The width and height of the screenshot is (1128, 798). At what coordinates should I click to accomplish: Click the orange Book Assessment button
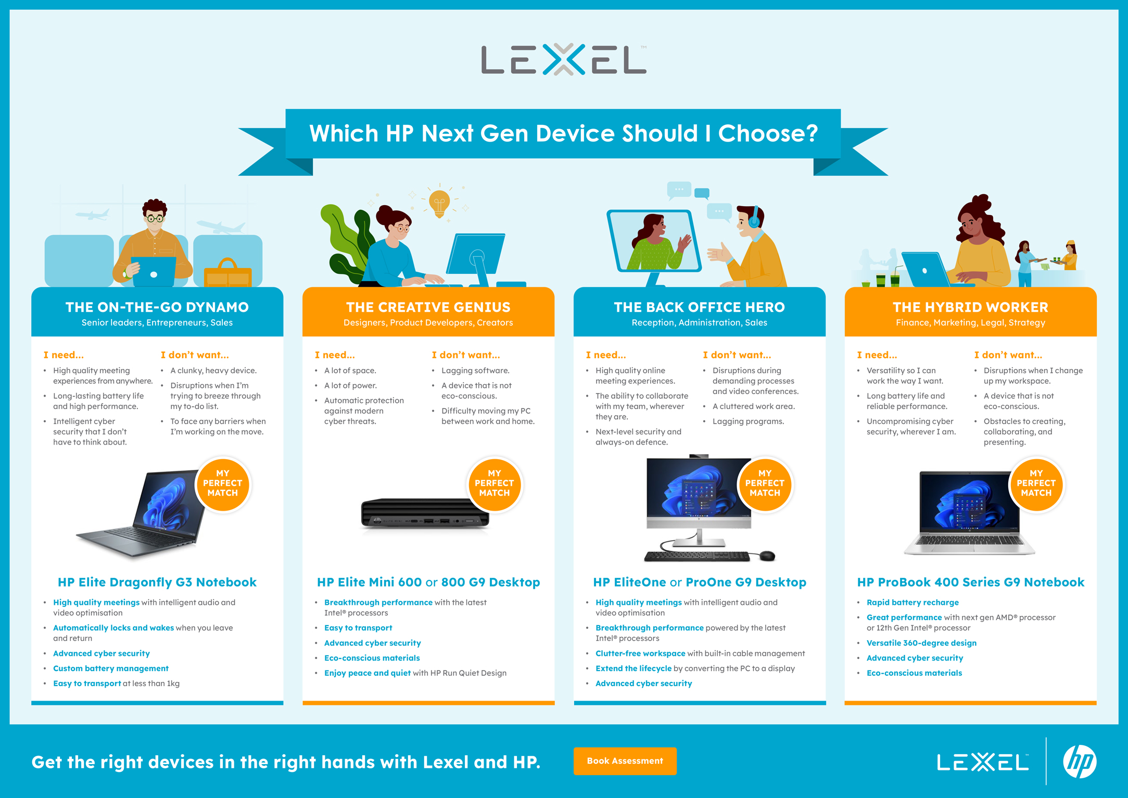625,761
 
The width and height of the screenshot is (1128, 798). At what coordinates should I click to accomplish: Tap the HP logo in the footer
1080,762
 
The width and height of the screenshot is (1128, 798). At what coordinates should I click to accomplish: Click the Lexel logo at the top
564,59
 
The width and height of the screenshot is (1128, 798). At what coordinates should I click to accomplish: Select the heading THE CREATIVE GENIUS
428,307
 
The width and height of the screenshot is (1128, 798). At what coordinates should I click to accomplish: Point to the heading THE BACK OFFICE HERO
699,307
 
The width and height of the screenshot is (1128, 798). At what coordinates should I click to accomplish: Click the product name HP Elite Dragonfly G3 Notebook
157,582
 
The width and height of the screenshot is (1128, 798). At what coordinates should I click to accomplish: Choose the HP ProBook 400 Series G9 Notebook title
971,582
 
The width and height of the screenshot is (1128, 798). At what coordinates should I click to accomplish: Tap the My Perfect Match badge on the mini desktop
494,484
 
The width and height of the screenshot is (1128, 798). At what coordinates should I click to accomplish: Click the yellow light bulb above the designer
439,204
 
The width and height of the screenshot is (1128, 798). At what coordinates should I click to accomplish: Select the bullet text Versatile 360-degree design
921,643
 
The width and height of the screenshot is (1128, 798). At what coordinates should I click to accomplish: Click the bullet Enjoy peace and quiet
367,673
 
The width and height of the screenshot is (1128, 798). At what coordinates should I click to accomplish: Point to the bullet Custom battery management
111,668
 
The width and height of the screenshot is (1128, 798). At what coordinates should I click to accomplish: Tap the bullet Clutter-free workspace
640,653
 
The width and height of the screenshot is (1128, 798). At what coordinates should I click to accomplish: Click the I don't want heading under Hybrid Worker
1008,355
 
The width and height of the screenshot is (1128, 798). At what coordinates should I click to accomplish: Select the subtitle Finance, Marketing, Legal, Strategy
970,323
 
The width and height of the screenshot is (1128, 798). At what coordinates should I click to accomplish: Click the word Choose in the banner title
768,133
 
